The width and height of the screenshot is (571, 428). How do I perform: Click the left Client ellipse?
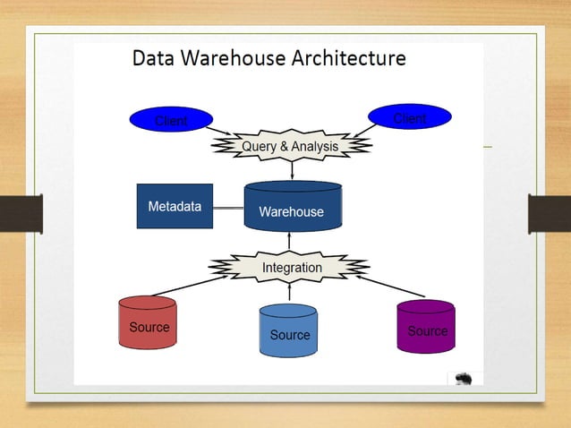click(x=171, y=120)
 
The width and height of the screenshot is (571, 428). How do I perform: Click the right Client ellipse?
click(x=410, y=117)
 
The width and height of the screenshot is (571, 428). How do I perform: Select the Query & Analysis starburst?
click(x=291, y=146)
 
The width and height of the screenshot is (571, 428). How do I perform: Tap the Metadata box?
click(x=175, y=206)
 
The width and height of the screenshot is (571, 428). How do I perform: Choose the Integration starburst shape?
click(x=291, y=267)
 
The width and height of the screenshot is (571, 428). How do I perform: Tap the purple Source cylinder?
click(x=426, y=327)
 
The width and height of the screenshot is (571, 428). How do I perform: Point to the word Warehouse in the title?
click(x=234, y=59)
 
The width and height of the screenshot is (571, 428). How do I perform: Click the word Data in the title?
click(x=153, y=59)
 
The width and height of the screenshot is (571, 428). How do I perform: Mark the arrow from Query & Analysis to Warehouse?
click(x=292, y=170)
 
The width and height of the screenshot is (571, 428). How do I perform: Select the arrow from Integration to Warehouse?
click(x=289, y=241)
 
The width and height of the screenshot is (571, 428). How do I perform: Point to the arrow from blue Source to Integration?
click(x=289, y=292)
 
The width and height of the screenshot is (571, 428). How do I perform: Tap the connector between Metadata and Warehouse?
click(x=228, y=208)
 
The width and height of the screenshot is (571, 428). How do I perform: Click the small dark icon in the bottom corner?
click(x=464, y=379)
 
